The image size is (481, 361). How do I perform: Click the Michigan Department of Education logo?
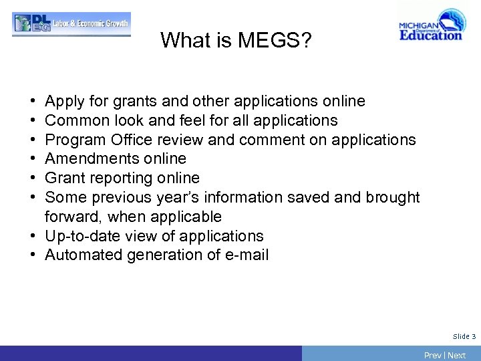pyautogui.click(x=430, y=26)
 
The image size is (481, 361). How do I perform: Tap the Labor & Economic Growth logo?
pyautogui.click(x=71, y=23)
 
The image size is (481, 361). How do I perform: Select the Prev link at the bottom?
pyautogui.click(x=432, y=355)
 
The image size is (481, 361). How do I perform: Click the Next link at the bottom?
pyautogui.click(x=457, y=355)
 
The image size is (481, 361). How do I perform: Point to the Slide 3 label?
pyautogui.click(x=464, y=336)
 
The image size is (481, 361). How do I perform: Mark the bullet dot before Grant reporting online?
pyautogui.click(x=33, y=178)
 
